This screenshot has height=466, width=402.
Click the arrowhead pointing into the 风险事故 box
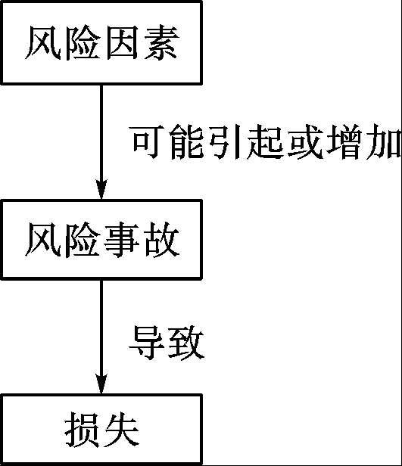click(x=101, y=189)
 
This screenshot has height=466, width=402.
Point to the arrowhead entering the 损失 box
click(x=101, y=384)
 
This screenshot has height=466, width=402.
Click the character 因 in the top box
click(x=122, y=43)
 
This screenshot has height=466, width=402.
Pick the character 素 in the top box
click(x=162, y=43)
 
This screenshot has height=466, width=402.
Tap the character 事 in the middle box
click(x=122, y=240)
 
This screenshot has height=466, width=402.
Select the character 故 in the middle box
click(x=162, y=240)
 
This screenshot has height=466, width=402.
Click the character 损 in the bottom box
click(x=82, y=430)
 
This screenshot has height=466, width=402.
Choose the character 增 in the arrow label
click(x=344, y=142)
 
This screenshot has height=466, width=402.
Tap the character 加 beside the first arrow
click(x=384, y=142)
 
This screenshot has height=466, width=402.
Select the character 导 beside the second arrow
click(x=146, y=343)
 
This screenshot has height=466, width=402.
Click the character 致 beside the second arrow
click(x=186, y=343)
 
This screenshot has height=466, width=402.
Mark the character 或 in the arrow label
click(x=305, y=142)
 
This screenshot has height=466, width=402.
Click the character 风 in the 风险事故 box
click(x=43, y=240)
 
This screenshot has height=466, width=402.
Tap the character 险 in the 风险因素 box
click(x=82, y=43)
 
